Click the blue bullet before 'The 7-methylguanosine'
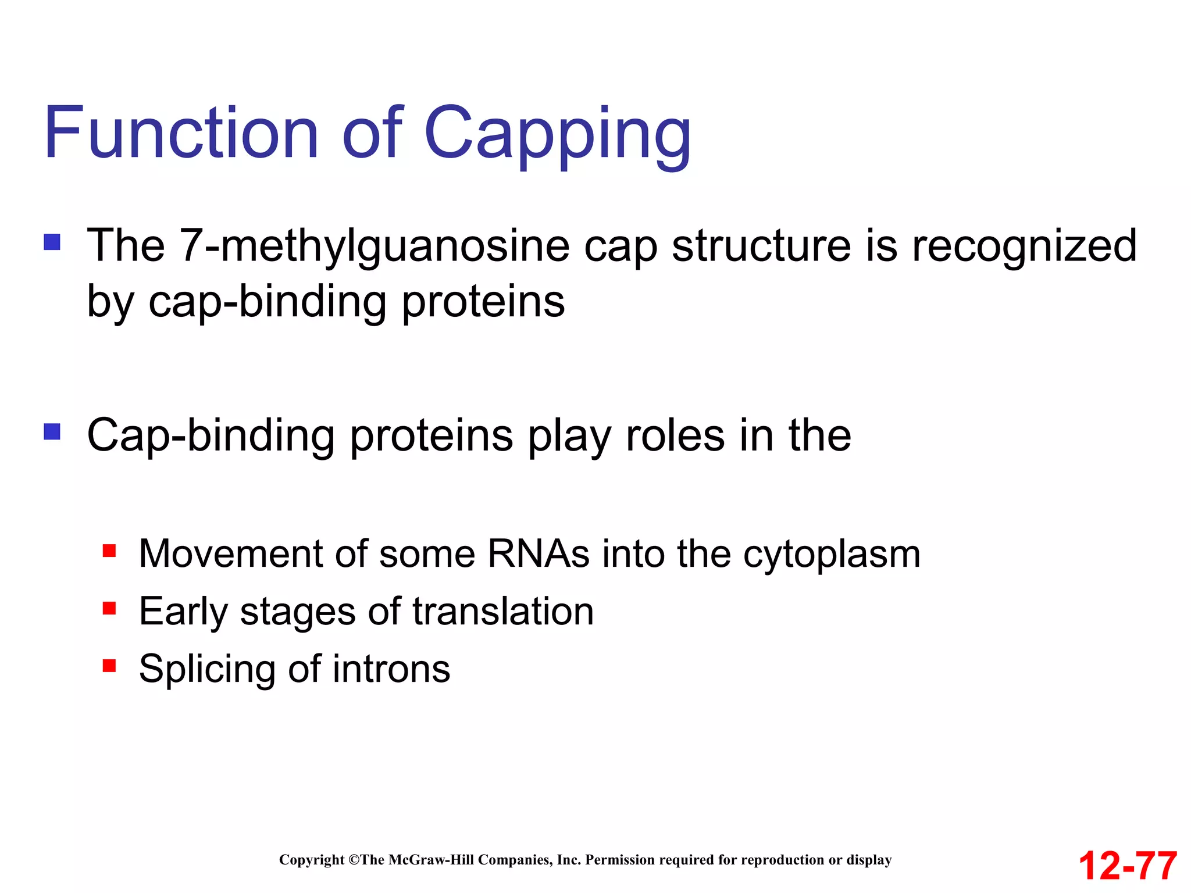pos(52,242)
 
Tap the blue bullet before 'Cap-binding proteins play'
pos(52,431)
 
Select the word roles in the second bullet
pos(675,435)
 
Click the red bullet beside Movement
pos(109,550)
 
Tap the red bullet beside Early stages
pos(109,608)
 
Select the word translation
pos(503,611)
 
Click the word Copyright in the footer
pos(312,860)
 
